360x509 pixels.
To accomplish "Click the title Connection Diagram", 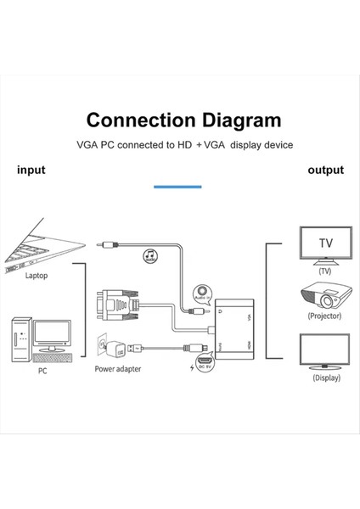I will pyautogui.click(x=183, y=120).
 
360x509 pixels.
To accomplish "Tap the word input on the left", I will pyautogui.click(x=31, y=170).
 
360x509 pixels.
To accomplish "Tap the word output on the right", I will pyautogui.click(x=325, y=170).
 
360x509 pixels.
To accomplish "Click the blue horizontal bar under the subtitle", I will pyautogui.click(x=177, y=186).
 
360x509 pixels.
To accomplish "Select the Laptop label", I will pyautogui.click(x=37, y=276).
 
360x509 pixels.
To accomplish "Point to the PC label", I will pyautogui.click(x=42, y=371).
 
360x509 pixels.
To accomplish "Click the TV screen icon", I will pyautogui.click(x=324, y=244).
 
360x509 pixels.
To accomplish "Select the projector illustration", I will pyautogui.click(x=323, y=297).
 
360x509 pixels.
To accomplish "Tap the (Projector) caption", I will pyautogui.click(x=324, y=316).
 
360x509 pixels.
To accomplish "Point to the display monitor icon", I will pyautogui.click(x=324, y=351).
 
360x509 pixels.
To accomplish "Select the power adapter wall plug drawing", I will pyautogui.click(x=112, y=348).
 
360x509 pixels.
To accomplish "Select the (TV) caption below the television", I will pyautogui.click(x=324, y=271).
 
